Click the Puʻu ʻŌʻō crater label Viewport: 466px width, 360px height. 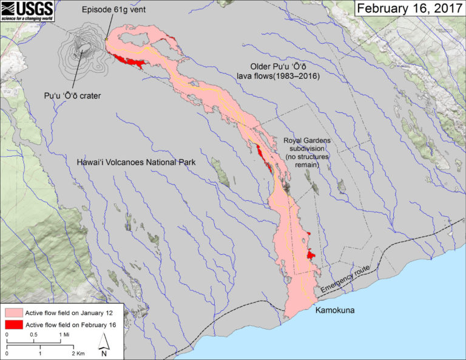point(72,96)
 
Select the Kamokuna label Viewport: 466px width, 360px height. point(334,310)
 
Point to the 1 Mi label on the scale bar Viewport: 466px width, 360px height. point(63,335)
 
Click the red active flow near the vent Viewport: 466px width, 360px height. point(127,60)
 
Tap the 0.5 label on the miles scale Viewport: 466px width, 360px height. point(35,335)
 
